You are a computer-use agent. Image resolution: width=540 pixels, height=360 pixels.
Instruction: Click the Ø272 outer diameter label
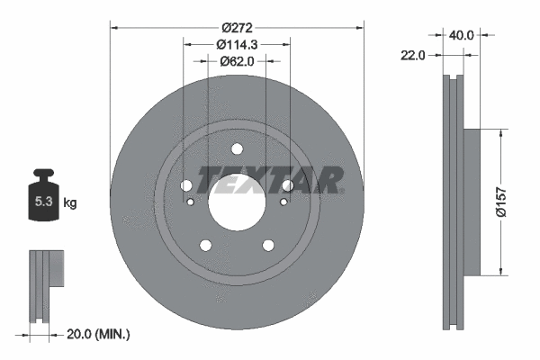[237, 26]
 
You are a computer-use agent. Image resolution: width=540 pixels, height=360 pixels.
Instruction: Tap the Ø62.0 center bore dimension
[238, 61]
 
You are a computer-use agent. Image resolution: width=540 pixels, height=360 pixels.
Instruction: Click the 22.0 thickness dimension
[414, 55]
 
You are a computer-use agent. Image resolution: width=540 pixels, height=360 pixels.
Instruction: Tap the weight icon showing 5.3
[42, 198]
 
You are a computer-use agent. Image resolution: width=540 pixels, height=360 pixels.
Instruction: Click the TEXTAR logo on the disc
[270, 181]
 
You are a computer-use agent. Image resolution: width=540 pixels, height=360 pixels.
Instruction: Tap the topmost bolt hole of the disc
[237, 150]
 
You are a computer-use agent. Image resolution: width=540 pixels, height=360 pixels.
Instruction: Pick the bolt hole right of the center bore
[287, 185]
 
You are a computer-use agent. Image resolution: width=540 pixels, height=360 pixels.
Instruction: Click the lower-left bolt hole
[206, 245]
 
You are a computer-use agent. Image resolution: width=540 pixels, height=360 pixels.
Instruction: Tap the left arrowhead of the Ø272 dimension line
[114, 26]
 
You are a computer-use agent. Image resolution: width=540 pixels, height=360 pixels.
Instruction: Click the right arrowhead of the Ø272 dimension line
[361, 26]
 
